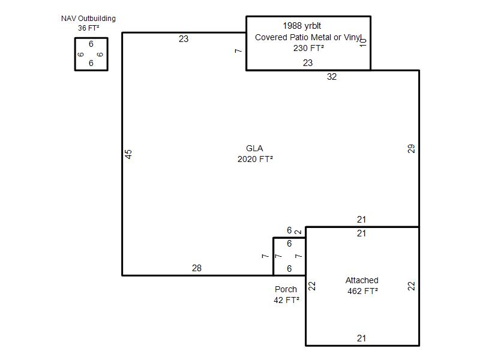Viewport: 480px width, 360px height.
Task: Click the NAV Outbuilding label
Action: coord(88,19)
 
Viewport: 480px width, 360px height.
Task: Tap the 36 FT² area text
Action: coord(88,28)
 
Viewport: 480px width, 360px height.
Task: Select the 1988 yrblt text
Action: coord(302,26)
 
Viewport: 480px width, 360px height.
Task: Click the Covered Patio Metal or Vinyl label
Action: coord(308,37)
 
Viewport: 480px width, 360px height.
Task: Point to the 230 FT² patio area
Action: coord(308,48)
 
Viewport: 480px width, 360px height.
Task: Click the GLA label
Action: coord(254,148)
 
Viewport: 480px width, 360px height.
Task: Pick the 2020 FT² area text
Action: coord(255,159)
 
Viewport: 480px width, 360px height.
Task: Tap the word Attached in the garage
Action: coord(362,280)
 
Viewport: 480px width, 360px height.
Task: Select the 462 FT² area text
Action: coord(362,291)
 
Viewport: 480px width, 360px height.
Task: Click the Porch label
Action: coord(286,289)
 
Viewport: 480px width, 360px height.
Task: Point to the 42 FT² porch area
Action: coord(286,300)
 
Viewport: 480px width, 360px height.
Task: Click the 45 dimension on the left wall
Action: coord(128,154)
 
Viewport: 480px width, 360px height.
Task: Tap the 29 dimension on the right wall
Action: coord(411,149)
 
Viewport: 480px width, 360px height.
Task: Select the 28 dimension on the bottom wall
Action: coord(197,268)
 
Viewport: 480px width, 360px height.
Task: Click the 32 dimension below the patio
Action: coord(332,77)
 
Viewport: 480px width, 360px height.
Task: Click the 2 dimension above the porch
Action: coord(298,232)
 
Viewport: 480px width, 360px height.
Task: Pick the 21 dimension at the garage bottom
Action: coord(361,338)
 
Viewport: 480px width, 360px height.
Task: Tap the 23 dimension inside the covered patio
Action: coord(308,63)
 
